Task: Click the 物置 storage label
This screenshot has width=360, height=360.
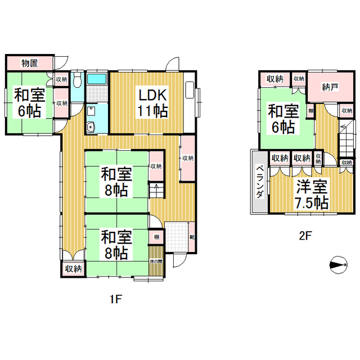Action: point(29,62)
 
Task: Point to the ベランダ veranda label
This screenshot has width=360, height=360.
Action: point(260,182)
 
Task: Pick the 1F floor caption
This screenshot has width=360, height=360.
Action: point(115,299)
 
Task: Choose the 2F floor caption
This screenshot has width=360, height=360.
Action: point(304,236)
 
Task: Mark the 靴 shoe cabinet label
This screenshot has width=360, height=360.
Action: point(192,236)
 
